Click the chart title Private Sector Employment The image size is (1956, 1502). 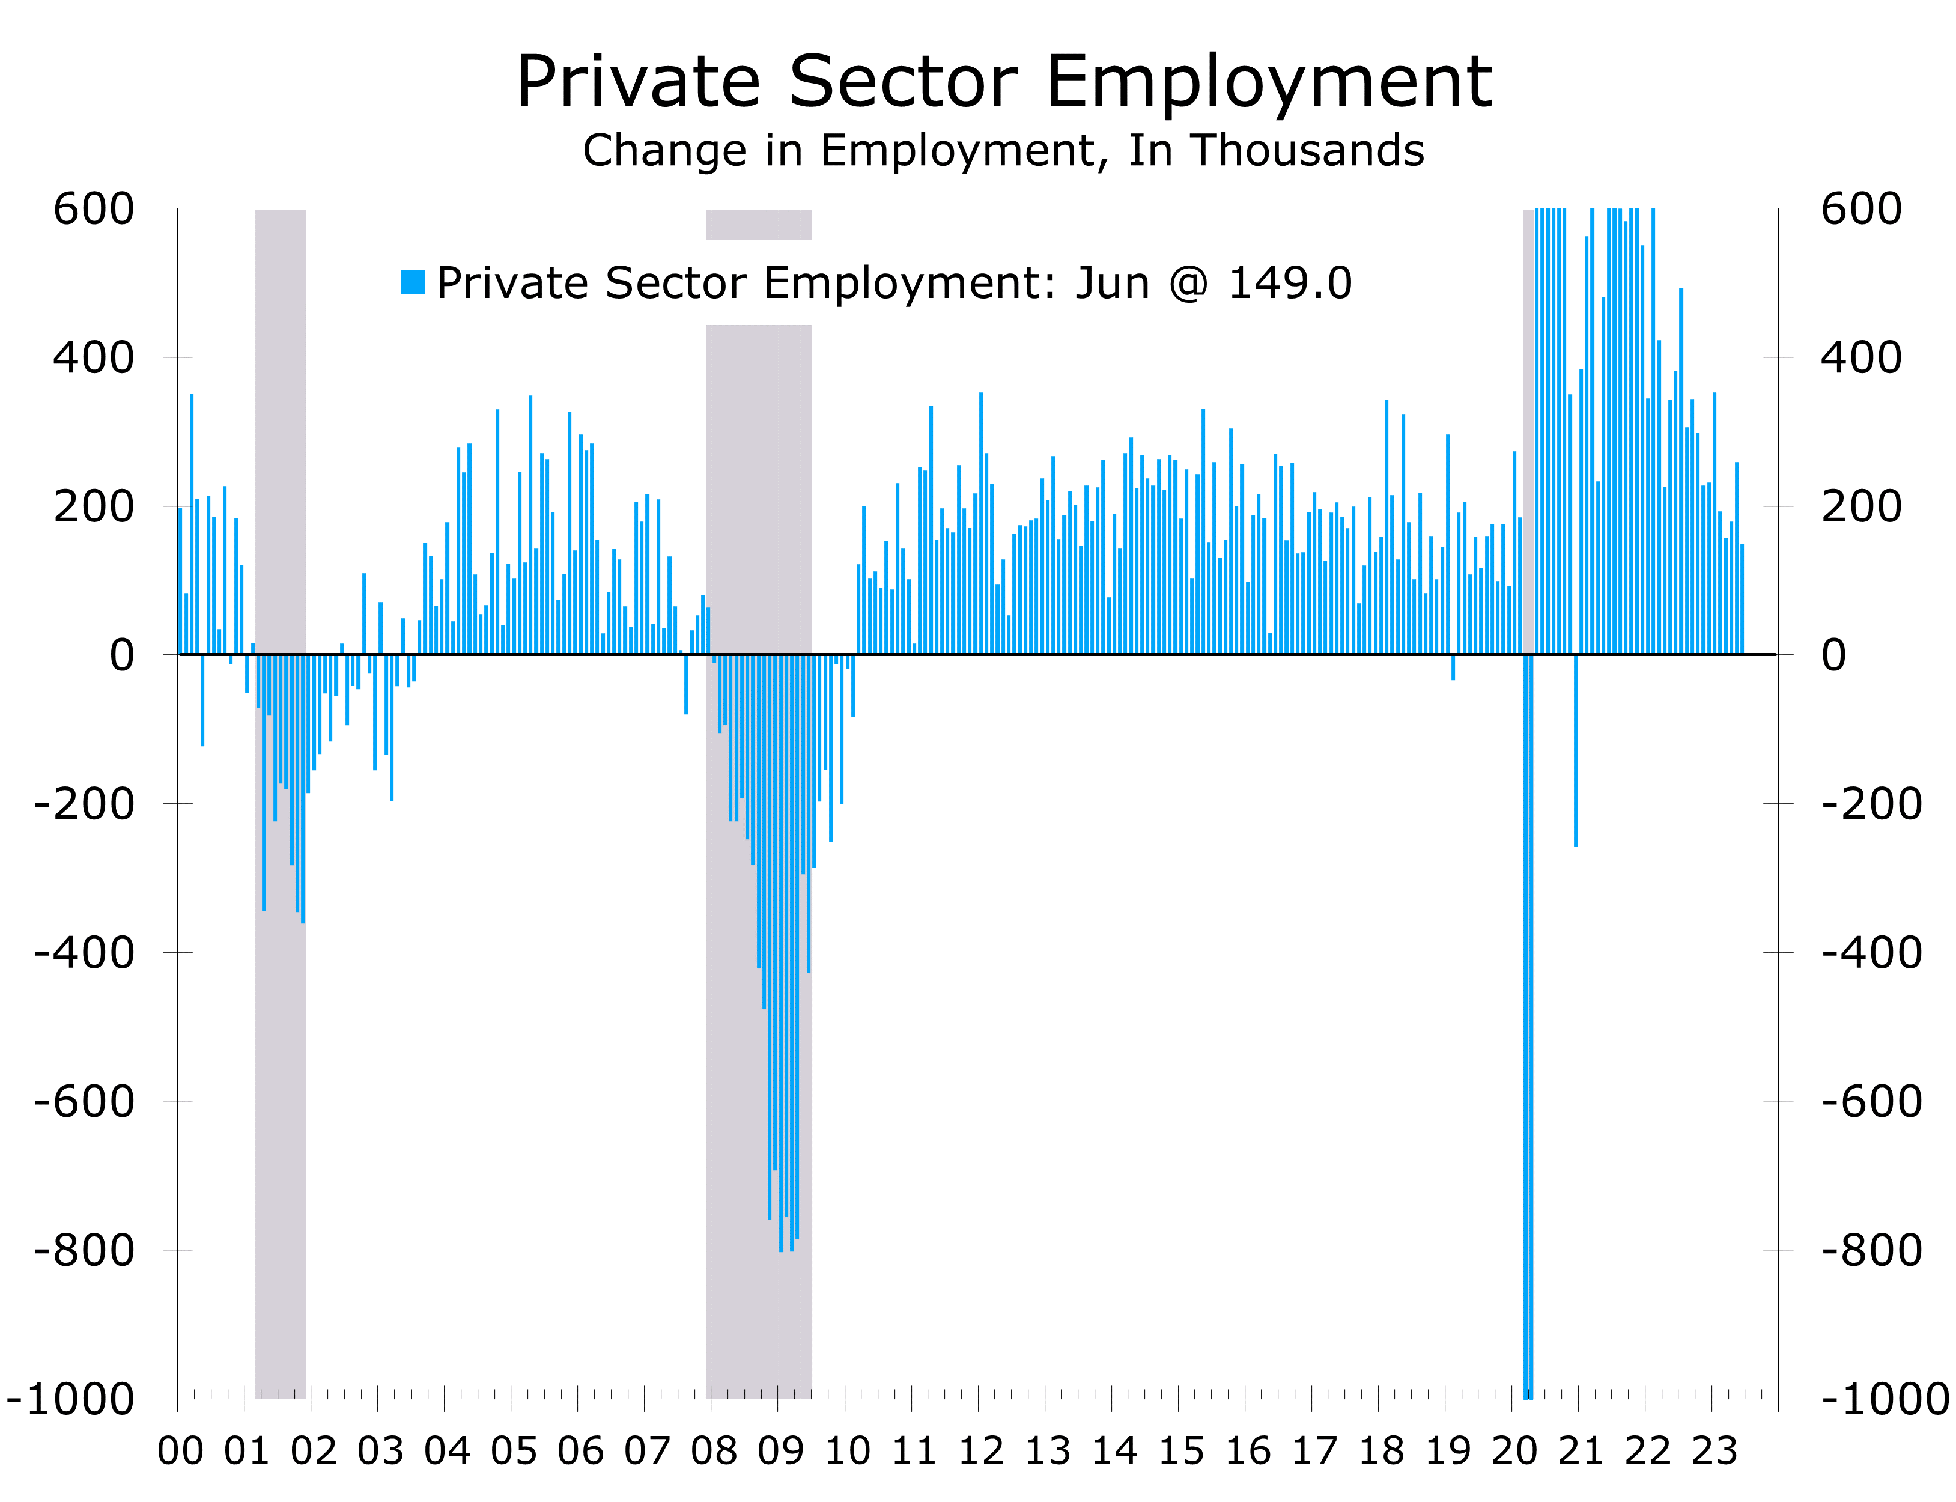(1003, 82)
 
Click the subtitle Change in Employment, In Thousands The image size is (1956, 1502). (1003, 150)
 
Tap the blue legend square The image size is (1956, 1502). (412, 282)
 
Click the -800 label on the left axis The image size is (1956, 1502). (84, 1250)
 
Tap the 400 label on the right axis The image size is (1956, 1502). (1861, 357)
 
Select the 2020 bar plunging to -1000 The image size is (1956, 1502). (1528, 1073)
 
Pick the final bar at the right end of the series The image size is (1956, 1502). (1742, 599)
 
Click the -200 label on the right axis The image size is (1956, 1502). (1872, 804)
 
